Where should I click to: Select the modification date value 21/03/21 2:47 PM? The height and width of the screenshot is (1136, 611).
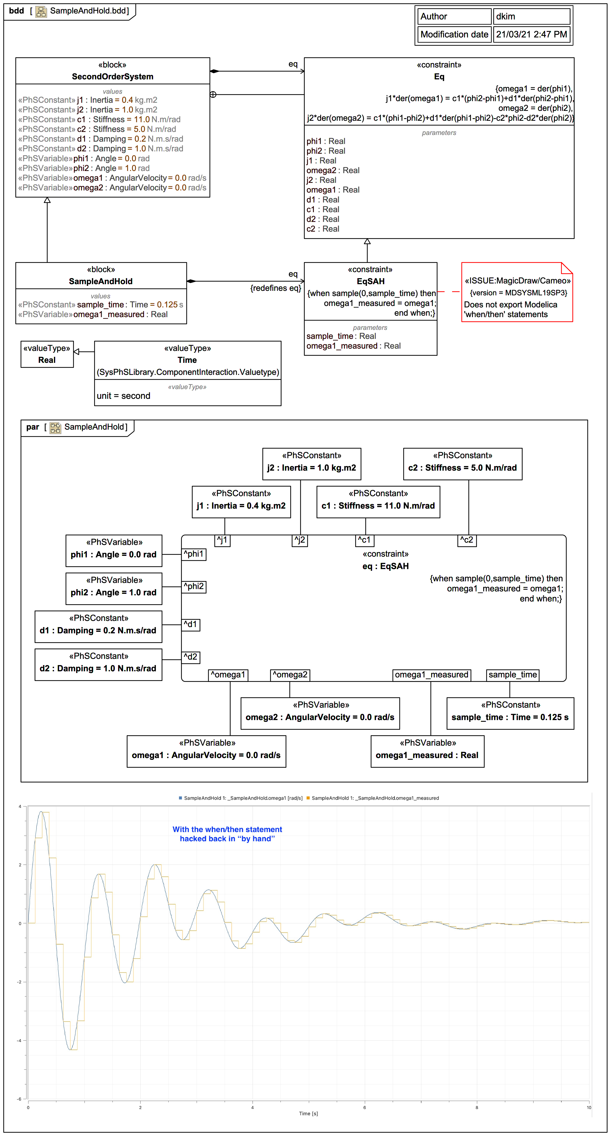[531, 34]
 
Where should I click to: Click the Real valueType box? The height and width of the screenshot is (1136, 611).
[47, 354]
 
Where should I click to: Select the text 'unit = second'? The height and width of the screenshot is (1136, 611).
[123, 396]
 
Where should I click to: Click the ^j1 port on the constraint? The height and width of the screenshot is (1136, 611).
[222, 540]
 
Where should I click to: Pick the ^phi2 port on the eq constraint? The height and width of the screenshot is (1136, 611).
[194, 587]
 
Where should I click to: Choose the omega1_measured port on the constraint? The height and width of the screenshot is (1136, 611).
[432, 675]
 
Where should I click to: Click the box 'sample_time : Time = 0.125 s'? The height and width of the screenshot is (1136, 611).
[510, 713]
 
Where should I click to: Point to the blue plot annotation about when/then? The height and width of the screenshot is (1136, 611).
[227, 834]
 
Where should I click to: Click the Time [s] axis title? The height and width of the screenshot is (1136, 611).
[309, 1114]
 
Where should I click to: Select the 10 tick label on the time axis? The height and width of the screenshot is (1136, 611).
[589, 1107]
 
